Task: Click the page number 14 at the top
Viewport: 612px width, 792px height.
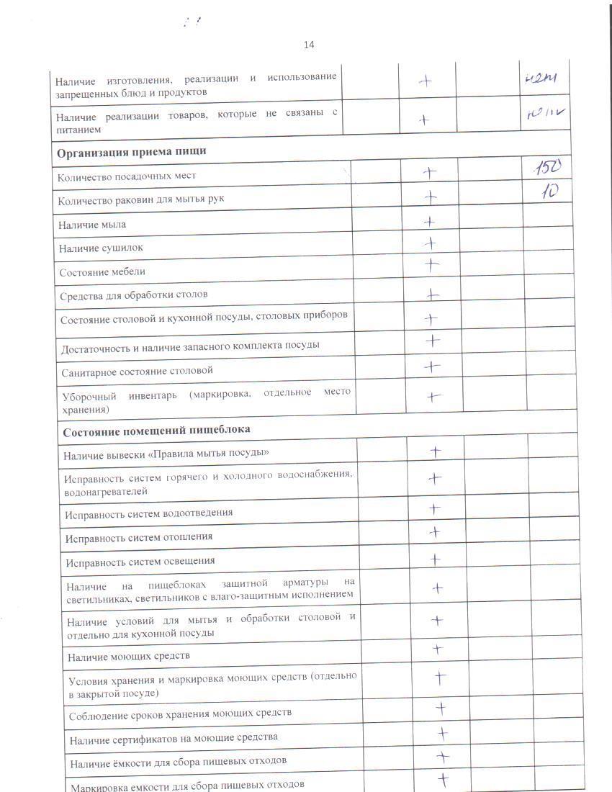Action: click(x=309, y=45)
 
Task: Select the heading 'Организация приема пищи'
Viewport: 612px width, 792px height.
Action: click(x=132, y=151)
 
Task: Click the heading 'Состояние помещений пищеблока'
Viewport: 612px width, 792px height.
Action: click(x=156, y=430)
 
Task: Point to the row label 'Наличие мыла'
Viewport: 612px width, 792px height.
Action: click(x=93, y=225)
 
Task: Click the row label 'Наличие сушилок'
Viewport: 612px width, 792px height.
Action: click(x=102, y=248)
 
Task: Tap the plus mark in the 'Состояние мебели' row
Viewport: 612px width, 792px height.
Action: click(x=431, y=265)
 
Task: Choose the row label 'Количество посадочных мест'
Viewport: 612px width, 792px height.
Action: click(x=128, y=176)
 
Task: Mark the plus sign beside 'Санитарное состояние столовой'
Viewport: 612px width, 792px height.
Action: click(x=432, y=366)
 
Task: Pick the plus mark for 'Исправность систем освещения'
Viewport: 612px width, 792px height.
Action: click(x=435, y=559)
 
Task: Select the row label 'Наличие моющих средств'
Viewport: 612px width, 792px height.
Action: click(x=129, y=657)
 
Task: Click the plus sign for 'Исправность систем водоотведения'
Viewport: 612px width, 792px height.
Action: click(x=434, y=509)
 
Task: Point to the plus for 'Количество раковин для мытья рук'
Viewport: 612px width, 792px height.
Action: click(x=431, y=196)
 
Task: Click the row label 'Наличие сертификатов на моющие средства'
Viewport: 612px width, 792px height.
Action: click(x=174, y=737)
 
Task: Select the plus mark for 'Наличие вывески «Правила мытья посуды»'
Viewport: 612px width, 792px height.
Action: click(x=435, y=452)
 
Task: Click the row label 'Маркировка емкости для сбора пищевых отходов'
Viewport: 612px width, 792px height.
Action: click(x=187, y=785)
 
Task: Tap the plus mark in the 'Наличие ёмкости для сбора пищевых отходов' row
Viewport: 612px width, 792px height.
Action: click(x=443, y=757)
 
